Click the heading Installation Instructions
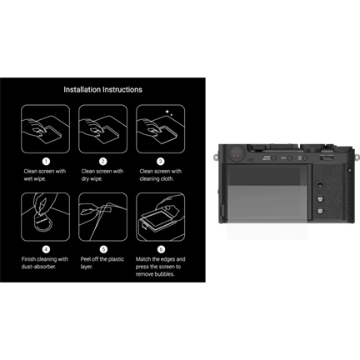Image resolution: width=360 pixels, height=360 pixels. (102, 89)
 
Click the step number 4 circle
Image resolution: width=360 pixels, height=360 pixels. (46, 248)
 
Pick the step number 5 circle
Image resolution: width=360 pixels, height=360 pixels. (102, 248)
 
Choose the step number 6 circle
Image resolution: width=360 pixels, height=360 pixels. (160, 248)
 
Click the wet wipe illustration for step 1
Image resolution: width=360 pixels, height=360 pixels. (46, 127)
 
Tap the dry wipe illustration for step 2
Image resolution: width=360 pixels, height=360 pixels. (102, 127)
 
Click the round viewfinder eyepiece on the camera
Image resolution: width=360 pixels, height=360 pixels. (236, 153)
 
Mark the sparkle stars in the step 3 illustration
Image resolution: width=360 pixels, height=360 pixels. (170, 111)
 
